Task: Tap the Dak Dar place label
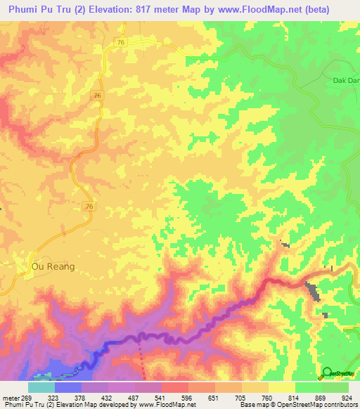pyautogui.click(x=344, y=80)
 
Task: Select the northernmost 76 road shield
pyautogui.click(x=122, y=43)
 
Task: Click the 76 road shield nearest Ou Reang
pyautogui.click(x=89, y=206)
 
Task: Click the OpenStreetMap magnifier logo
pyautogui.click(x=327, y=372)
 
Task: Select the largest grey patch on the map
pyautogui.click(x=311, y=289)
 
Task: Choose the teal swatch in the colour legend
pyautogui.click(x=41, y=387)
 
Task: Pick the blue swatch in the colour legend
pyautogui.click(x=68, y=387)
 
